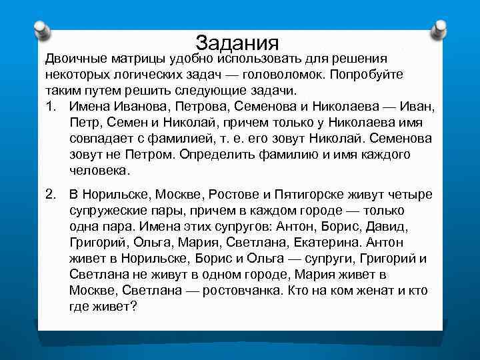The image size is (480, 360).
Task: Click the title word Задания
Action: (237, 43)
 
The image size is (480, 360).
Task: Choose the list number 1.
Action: (50, 107)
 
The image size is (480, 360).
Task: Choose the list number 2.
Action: (50, 194)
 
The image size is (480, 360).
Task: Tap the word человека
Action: (97, 171)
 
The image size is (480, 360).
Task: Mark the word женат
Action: (359, 291)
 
